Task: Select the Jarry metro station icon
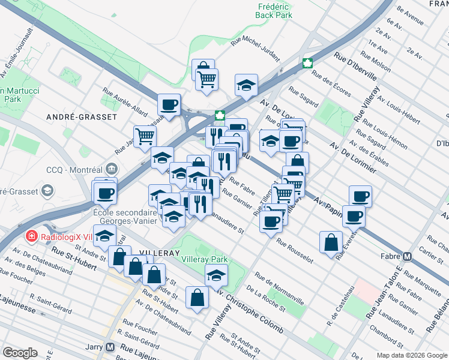point(110,347)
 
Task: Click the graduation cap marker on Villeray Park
point(216,275)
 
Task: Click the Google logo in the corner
point(20,353)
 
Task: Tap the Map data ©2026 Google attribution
point(412,355)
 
